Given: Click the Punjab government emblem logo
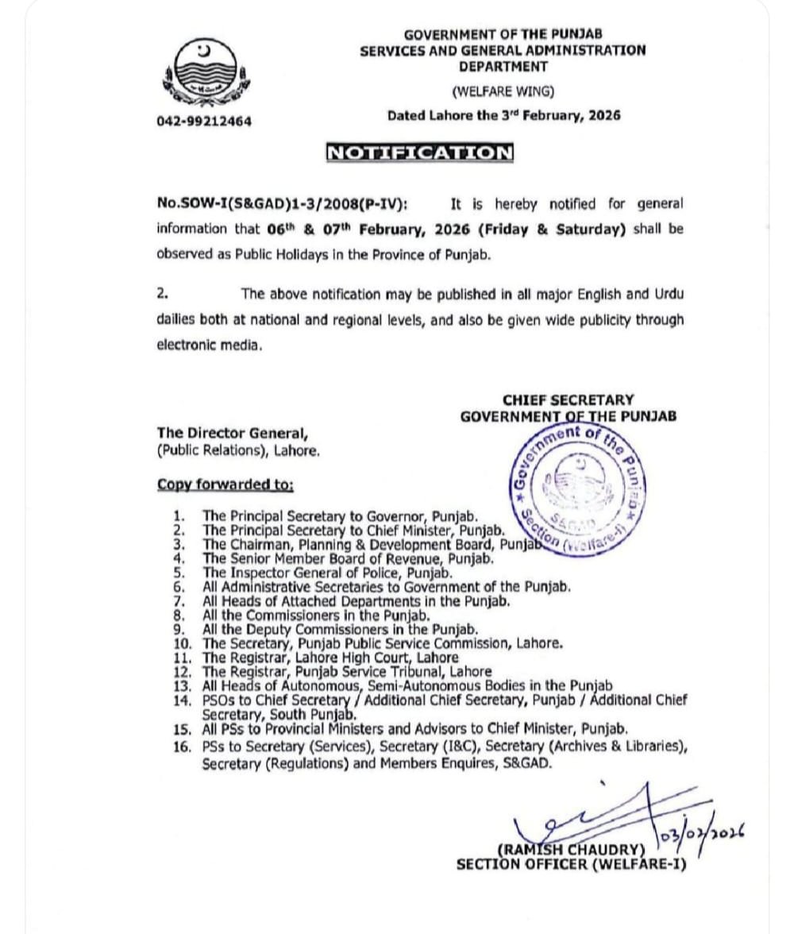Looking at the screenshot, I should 206,74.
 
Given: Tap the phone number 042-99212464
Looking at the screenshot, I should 205,122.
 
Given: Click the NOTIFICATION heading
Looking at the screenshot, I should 420,152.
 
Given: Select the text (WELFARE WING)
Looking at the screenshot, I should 503,91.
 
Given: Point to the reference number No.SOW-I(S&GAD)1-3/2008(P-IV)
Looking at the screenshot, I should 283,204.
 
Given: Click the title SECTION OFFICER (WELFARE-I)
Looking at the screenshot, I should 569,865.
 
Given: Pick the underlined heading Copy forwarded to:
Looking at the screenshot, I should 225,484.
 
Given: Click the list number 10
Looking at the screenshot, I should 181,643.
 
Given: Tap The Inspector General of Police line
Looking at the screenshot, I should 327,573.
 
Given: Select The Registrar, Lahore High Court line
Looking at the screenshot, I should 330,658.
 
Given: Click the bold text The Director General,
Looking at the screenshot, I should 232,434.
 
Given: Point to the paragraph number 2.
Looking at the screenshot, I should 162,293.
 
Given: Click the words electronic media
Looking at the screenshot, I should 209,345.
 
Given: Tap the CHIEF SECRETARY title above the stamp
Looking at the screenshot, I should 568,400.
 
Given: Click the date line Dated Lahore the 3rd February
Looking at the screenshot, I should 503,115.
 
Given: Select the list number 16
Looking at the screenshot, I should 181,747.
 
